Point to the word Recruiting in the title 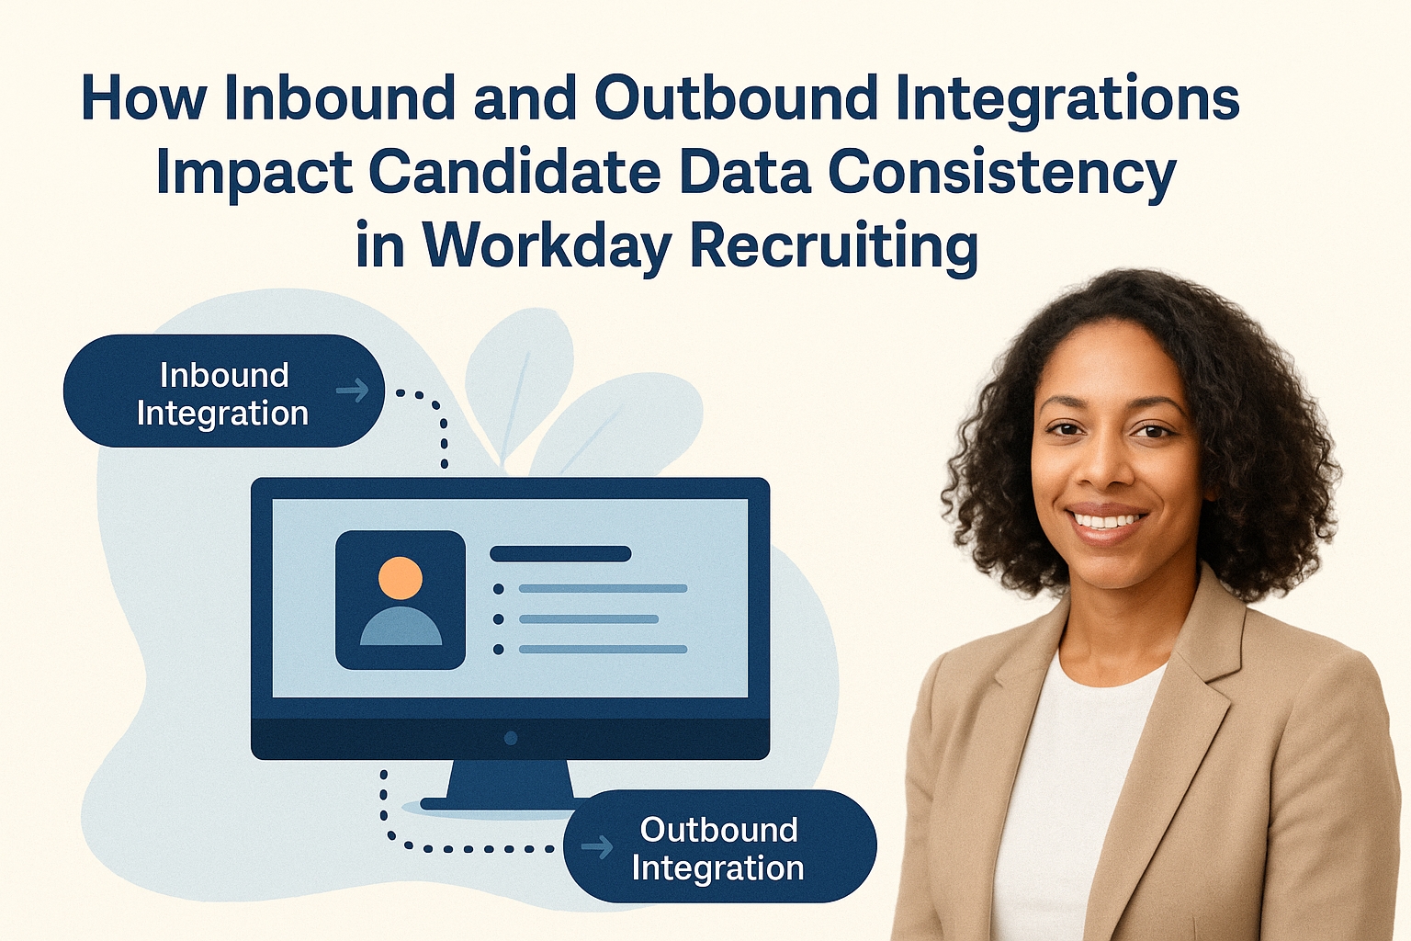click(833, 245)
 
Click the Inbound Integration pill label click(222, 393)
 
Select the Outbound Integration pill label click(718, 848)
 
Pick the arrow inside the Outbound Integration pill click(598, 846)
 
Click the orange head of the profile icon click(401, 578)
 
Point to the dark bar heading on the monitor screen click(560, 554)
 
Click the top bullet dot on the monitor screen click(499, 589)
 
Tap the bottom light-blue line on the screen click(603, 650)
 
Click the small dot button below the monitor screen click(511, 738)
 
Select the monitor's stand click(510, 787)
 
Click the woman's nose click(1110, 469)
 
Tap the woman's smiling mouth click(1109, 521)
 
